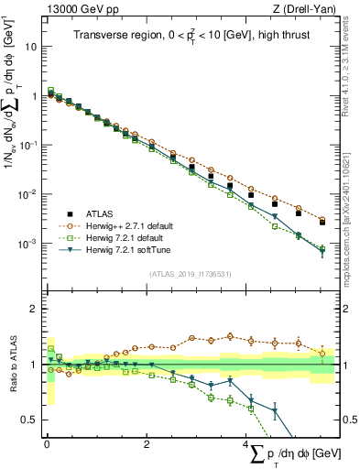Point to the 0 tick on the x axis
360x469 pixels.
[x=47, y=444]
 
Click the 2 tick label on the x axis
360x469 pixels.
[x=147, y=444]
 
